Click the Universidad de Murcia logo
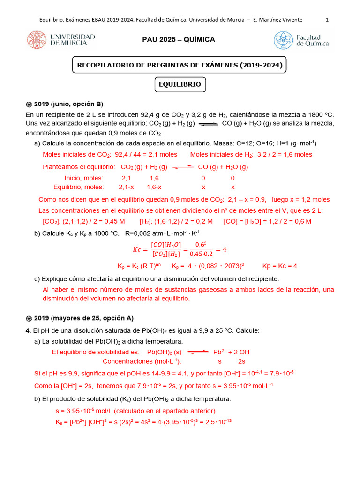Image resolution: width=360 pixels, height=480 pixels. (61, 40)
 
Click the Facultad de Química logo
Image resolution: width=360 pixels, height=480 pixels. (301, 40)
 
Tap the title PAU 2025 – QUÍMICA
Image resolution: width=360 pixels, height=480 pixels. (179, 40)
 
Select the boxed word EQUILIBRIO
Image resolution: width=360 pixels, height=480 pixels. (180, 85)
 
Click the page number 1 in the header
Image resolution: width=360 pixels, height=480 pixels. (327, 20)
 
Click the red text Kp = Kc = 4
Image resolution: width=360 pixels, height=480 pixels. (279, 266)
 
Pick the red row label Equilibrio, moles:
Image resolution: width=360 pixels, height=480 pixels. (78, 187)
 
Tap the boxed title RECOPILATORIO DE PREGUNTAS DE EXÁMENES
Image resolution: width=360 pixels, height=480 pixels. (180, 65)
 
